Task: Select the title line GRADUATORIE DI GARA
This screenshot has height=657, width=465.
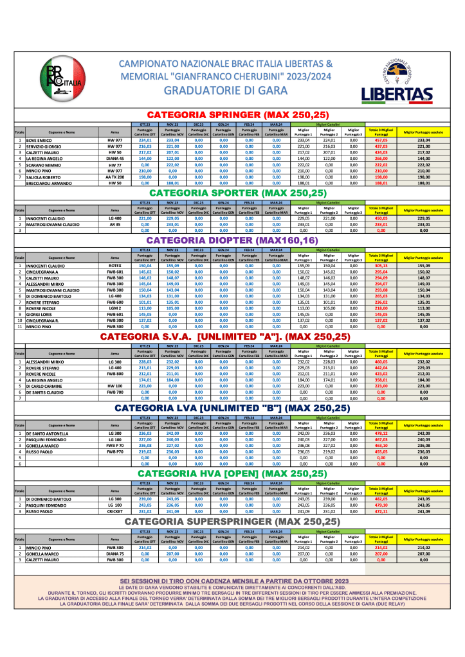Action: [226, 91]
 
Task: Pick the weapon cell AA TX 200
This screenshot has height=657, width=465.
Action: [115, 177]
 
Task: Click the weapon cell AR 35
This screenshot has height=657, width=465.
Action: [115, 225]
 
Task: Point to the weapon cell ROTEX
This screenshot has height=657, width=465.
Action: [115, 266]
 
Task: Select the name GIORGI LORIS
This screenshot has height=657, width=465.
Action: [40, 315]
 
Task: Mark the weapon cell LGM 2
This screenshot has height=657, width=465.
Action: [115, 308]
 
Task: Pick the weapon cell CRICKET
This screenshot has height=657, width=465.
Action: [115, 511]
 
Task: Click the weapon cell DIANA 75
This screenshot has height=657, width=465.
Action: [115, 553]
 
